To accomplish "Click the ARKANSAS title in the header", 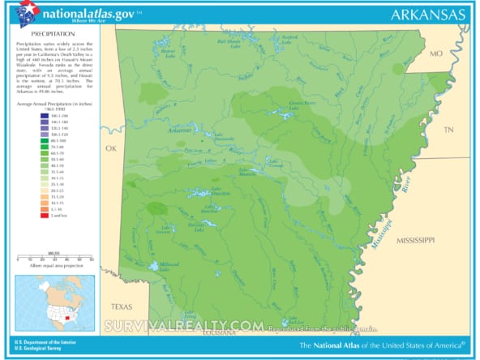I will tap(427, 14).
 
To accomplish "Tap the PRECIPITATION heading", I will tap(53, 35).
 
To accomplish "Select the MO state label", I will tap(435, 54).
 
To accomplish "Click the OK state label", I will tap(111, 148).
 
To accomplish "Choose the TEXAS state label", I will tap(121, 306).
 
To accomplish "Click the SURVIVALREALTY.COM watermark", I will tap(182, 326).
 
